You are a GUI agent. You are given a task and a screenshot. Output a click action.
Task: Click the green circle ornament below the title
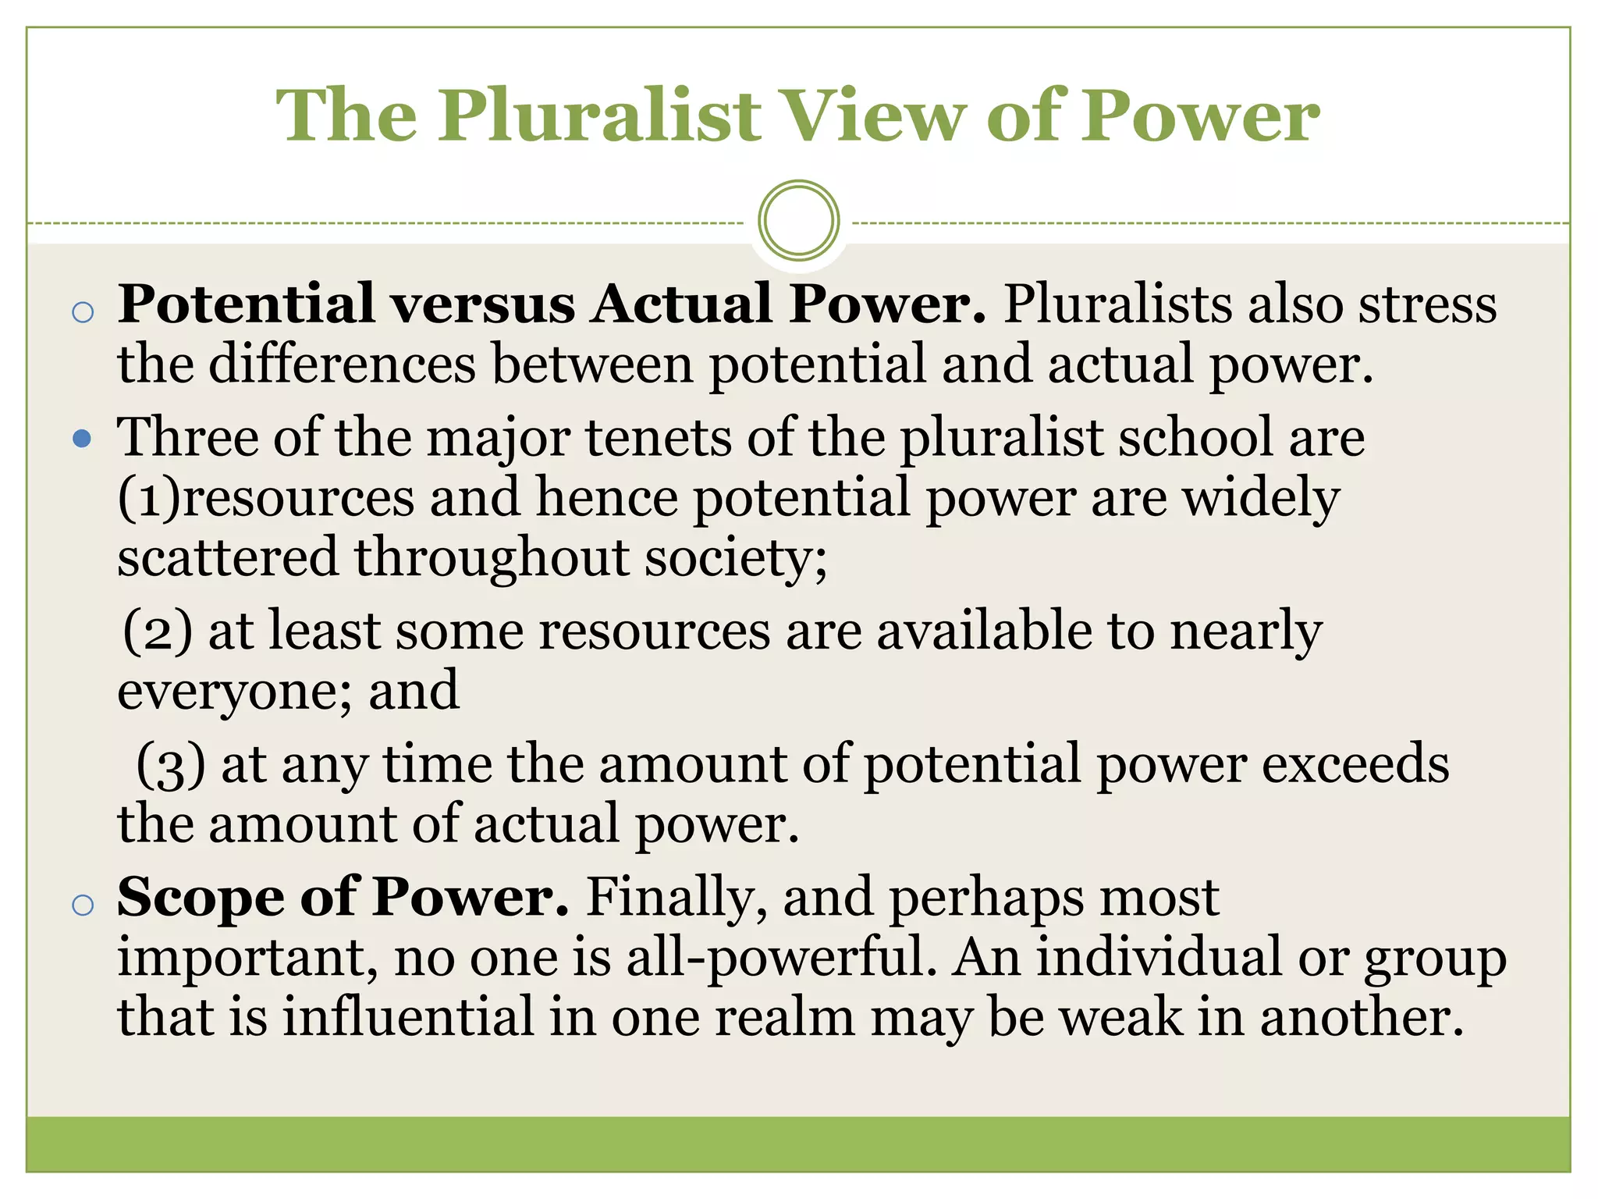(x=798, y=221)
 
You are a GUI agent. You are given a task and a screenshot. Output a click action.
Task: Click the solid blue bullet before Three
(x=82, y=439)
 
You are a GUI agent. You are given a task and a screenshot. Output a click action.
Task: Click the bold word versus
(x=483, y=304)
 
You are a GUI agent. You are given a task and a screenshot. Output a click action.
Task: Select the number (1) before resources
(x=148, y=498)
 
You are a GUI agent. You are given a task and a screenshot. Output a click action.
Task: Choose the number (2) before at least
(x=157, y=631)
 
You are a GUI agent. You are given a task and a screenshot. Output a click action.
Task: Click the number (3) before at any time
(x=171, y=765)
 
